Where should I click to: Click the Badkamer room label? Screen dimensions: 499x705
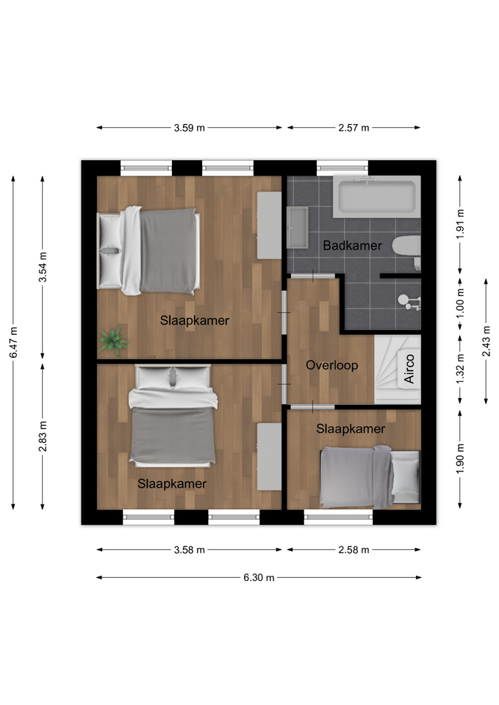tap(352, 245)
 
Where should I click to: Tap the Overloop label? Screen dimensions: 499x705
tap(332, 365)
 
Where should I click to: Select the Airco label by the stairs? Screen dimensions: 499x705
tap(409, 369)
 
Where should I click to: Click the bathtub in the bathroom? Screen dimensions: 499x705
tap(377, 197)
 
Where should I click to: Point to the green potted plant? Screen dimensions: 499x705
tap(114, 340)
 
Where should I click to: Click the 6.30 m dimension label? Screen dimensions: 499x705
tap(259, 577)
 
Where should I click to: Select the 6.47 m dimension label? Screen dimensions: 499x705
tap(13, 343)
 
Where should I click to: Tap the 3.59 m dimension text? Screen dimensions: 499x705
tap(190, 128)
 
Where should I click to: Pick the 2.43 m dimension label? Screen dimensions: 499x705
tap(487, 341)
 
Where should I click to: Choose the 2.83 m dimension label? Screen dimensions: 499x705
tap(43, 436)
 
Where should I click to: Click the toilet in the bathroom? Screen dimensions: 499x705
tap(406, 247)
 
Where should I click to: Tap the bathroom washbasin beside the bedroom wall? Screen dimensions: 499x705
tap(298, 228)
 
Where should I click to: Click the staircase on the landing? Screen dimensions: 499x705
tap(398, 369)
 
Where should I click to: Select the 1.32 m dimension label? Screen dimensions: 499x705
tap(460, 369)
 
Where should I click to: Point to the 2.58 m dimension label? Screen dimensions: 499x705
tap(353, 549)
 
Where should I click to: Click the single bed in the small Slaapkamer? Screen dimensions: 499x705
tap(370, 477)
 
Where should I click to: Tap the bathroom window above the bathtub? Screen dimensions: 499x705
tap(342, 167)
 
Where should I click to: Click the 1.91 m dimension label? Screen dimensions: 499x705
tap(460, 225)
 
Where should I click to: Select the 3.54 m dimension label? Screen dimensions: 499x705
tap(43, 267)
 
